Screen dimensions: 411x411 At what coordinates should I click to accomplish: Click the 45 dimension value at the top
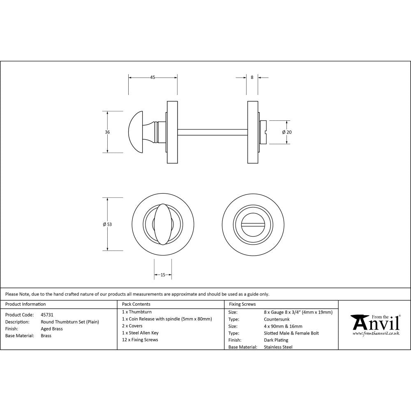pos(152,77)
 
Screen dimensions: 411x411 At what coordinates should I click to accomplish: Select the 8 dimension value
pos(252,77)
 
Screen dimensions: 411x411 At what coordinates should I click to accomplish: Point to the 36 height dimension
pos(107,132)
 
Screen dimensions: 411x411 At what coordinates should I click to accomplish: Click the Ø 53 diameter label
pos(107,224)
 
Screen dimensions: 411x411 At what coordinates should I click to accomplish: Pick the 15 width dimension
pos(163,275)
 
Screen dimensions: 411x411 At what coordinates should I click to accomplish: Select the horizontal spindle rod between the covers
pos(212,132)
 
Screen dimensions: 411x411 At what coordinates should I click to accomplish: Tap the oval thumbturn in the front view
pos(163,224)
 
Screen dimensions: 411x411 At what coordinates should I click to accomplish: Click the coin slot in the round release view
pos(252,224)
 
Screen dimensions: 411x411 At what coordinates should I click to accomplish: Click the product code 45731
pos(47,314)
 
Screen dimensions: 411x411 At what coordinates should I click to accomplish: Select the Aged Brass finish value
pos(52,329)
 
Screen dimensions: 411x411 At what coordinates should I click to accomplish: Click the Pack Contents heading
pos(136,304)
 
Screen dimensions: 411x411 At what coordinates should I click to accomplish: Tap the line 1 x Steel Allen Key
pos(140,333)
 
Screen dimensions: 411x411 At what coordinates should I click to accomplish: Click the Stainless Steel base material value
pos(278,347)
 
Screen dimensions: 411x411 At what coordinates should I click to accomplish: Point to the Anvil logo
pos(375,325)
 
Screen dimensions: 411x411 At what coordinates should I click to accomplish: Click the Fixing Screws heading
pos(242,304)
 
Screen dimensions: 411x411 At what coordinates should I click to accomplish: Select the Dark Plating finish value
pos(276,340)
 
